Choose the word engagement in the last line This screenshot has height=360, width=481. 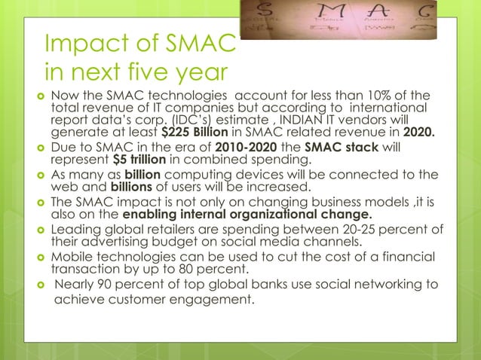tap(213, 301)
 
